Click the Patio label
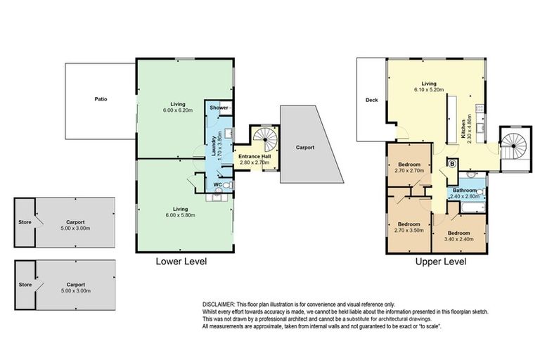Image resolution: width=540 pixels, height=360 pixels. click(102, 99)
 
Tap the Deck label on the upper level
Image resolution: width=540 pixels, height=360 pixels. click(372, 100)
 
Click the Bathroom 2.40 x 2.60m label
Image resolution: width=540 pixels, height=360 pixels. click(465, 193)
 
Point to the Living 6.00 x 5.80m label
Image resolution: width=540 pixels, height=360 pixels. click(183, 212)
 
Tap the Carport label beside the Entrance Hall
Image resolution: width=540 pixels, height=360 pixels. click(304, 148)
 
